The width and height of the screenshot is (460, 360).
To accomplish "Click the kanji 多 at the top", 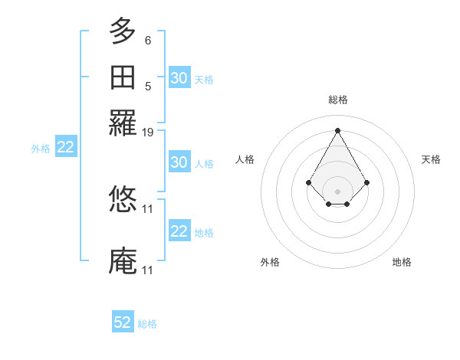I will click(123, 31).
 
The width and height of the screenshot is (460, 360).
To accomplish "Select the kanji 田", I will click(123, 78).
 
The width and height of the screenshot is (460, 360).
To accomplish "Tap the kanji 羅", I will click(123, 123).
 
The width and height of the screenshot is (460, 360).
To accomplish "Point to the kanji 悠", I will click(123, 199).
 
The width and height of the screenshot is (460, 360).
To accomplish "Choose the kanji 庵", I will click(123, 261).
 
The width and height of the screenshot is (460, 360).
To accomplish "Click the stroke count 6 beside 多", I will click(148, 39).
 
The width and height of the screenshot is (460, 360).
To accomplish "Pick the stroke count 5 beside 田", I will click(148, 86).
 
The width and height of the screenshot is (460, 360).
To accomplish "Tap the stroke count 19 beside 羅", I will click(148, 133).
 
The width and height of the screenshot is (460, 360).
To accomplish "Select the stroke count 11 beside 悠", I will click(148, 208).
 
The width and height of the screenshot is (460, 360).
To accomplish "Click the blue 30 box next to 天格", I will click(179, 78).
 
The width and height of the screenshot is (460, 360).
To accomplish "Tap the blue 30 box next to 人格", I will click(179, 162).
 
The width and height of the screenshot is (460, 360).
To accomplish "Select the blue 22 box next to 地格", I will click(179, 231).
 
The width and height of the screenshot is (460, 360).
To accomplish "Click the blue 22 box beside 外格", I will click(65, 148).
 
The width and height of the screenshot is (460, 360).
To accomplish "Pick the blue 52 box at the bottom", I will click(123, 322).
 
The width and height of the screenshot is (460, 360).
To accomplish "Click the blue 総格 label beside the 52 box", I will click(147, 324).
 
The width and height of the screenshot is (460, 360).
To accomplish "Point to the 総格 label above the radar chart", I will click(337, 100).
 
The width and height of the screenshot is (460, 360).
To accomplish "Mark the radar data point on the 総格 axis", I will click(337, 130).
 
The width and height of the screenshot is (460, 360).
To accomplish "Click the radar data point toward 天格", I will click(366, 182).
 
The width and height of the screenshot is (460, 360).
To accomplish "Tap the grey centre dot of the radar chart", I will click(337, 191).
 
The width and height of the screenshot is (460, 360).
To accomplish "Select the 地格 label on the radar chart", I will click(402, 262).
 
